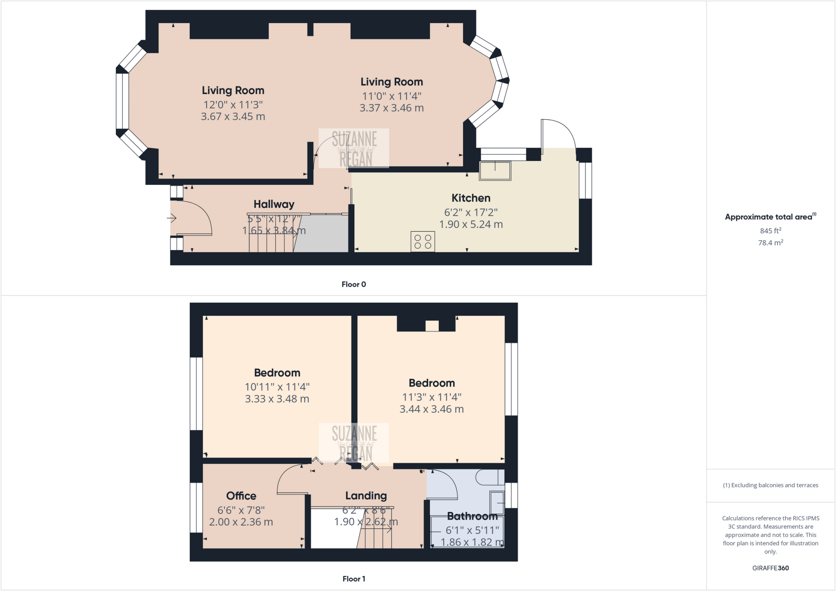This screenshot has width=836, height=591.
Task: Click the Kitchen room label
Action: point(471,198)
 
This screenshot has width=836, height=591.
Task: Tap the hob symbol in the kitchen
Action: point(422,241)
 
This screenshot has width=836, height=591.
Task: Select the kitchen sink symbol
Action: point(495,170)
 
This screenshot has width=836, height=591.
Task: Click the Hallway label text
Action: point(274,204)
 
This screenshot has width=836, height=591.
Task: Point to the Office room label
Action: point(241,496)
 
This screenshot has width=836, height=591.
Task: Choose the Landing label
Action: point(366,496)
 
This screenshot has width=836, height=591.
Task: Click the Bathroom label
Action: point(472,516)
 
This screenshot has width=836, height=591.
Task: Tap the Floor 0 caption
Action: point(354,285)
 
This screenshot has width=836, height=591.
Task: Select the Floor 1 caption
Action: point(354,579)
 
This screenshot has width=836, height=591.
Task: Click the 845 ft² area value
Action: point(770,231)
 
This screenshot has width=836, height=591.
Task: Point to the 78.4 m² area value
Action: point(770,243)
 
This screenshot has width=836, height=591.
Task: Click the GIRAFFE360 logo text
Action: point(770,568)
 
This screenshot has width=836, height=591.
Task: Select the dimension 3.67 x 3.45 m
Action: point(233,117)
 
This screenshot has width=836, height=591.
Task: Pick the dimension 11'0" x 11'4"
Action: point(391,96)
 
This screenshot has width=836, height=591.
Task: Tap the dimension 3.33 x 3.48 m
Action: point(277,399)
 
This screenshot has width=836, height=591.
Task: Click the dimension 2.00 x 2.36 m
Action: point(241,522)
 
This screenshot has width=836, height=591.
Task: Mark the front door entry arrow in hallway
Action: point(172,219)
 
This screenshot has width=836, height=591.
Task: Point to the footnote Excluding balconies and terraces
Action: point(770,485)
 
